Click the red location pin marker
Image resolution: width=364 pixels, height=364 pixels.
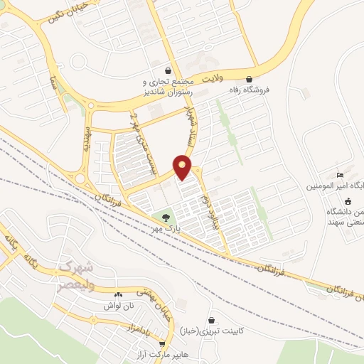point(183,166)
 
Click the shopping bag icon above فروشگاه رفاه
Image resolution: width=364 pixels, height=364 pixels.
point(249,79)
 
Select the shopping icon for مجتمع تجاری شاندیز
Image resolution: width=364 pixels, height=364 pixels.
point(168,71)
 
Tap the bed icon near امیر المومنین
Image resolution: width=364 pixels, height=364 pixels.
point(341,175)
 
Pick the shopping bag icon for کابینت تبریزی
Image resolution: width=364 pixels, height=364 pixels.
point(212,321)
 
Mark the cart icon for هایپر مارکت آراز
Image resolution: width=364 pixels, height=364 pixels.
point(162,343)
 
